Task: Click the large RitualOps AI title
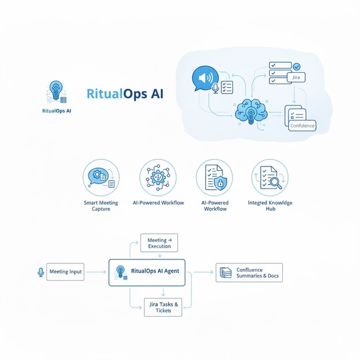coord(124,95)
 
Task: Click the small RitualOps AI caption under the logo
coord(56,111)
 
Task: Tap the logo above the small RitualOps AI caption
coord(55,92)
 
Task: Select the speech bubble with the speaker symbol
coord(204,79)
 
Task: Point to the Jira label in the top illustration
coord(298,78)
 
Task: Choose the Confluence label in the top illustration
coord(303,126)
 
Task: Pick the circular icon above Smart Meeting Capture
coord(101,177)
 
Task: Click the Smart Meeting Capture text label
coord(101,205)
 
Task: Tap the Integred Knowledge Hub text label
coord(271,205)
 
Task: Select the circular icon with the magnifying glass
coord(270,177)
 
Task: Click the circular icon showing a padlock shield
coord(214,177)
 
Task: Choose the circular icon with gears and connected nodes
coord(158,177)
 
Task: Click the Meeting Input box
coord(65,272)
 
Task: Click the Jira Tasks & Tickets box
coord(163,307)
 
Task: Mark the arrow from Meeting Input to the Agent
coord(96,272)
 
